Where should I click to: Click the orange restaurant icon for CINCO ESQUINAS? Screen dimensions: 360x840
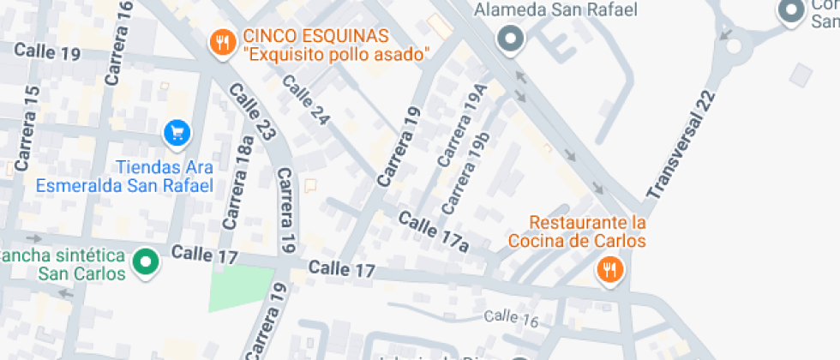pos(222,42)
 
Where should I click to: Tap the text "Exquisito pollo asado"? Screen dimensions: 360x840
pos(336,55)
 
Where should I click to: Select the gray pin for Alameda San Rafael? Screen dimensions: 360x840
pos(511,39)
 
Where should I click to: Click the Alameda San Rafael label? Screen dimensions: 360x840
pos(556,10)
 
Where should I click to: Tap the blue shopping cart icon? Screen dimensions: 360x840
pos(177,132)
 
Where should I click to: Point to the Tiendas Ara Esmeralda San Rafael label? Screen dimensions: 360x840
pos(124,176)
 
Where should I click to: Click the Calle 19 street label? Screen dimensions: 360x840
pos(47,52)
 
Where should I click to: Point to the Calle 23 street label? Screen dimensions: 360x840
pos(254,111)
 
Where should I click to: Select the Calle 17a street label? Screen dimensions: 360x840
pos(434,231)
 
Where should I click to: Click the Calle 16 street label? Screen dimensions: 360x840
pos(511,319)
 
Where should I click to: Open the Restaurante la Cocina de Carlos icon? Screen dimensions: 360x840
pos(609,272)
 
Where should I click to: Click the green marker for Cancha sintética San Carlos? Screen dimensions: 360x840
pos(146,261)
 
